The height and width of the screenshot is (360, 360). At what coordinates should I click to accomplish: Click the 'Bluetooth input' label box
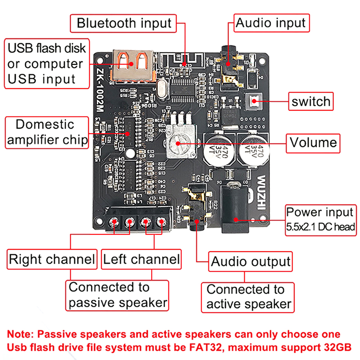pyautogui.click(x=124, y=23)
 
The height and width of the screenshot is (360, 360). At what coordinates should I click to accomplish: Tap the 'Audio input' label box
pyautogui.click(x=271, y=23)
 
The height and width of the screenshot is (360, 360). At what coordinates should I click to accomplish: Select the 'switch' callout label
pyautogui.click(x=310, y=102)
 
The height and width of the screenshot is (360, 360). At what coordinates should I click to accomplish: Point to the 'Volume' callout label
pyautogui.click(x=313, y=143)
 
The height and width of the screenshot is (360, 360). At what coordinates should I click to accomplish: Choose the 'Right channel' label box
pyautogui.click(x=52, y=260)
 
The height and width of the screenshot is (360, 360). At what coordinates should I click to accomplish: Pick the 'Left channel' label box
pyautogui.click(x=141, y=260)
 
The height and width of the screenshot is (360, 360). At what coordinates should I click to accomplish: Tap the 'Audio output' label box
pyautogui.click(x=251, y=261)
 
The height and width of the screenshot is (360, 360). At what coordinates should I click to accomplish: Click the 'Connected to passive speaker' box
pyautogui.click(x=117, y=295)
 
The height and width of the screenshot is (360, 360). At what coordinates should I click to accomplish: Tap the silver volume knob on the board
pyautogui.click(x=178, y=143)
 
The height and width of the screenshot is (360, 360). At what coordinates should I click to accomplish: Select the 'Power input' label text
pyautogui.click(x=320, y=212)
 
